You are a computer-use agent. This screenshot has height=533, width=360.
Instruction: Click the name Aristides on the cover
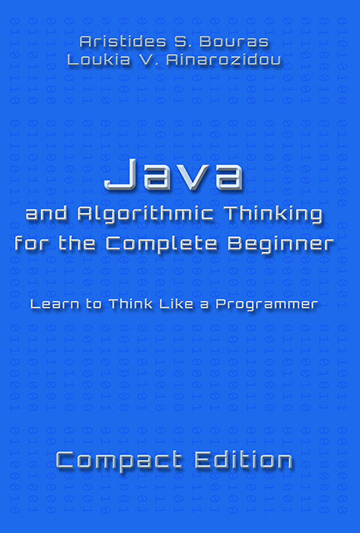[123, 41]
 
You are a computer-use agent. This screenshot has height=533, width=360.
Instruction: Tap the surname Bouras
[234, 41]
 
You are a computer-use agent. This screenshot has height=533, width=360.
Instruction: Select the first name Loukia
[99, 60]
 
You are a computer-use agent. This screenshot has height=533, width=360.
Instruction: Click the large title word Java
[174, 175]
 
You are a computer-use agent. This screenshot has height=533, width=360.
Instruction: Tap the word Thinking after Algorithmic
[275, 215]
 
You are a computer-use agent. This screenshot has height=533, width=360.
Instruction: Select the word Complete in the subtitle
[161, 244]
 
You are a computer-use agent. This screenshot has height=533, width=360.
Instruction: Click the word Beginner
[281, 244]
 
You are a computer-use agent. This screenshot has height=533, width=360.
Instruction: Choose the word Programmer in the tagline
[266, 305]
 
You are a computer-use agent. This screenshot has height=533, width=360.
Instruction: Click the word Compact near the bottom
[119, 461]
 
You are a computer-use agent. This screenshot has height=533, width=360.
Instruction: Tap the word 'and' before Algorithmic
[48, 214]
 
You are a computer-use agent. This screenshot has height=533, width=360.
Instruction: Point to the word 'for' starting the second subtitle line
[33, 244]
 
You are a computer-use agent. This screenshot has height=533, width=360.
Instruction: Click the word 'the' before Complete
[77, 244]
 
